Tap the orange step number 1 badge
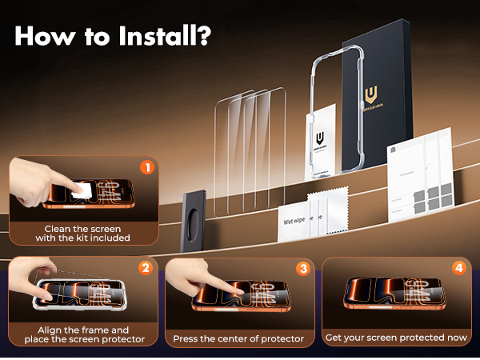(146, 167)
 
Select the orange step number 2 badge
(146, 268)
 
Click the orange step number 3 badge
(302, 269)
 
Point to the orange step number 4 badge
(458, 268)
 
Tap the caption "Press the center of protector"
(238, 338)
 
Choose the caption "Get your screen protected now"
(396, 338)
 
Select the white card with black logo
(322, 140)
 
